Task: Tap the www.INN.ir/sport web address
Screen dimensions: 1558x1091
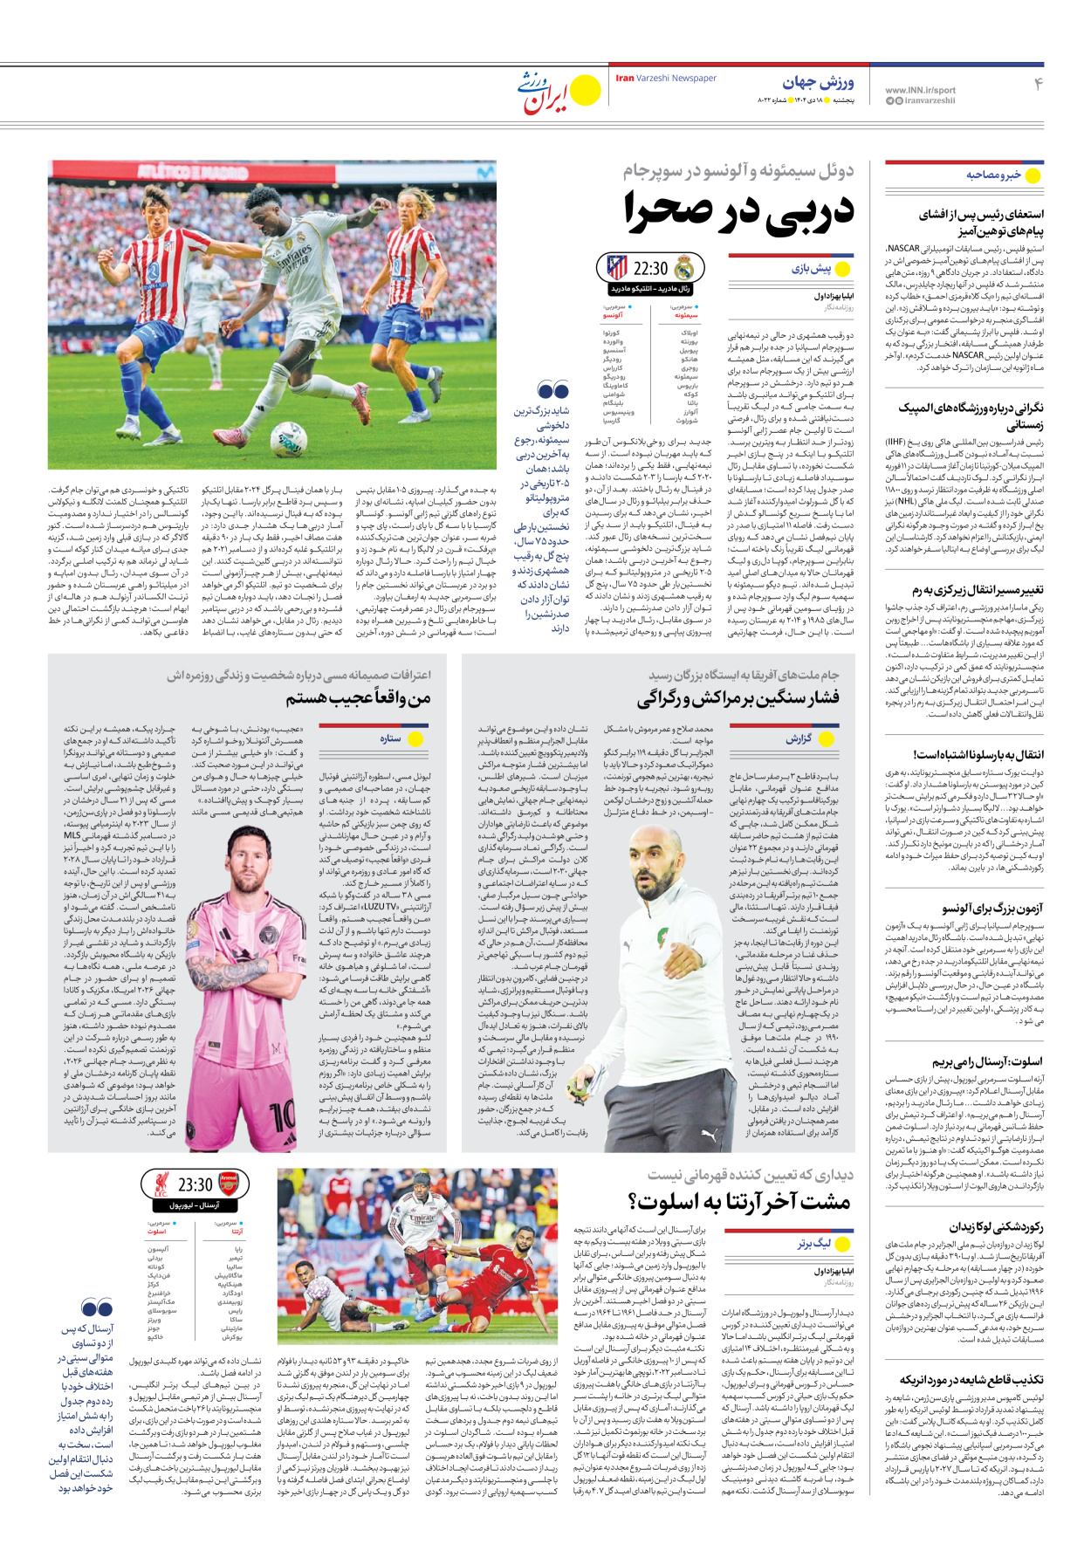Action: tap(920, 90)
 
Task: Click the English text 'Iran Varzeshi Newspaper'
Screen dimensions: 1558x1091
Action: tap(666, 79)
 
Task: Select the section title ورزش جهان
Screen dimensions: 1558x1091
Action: tap(818, 83)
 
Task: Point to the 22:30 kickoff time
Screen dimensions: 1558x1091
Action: tap(650, 269)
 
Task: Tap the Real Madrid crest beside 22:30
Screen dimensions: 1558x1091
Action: tap(683, 268)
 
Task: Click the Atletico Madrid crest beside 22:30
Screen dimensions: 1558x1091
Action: tap(616, 268)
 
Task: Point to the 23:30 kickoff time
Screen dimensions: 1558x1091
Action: tap(195, 1184)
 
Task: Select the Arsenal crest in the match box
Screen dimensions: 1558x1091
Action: tap(228, 1184)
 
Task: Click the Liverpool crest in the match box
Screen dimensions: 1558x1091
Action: tap(161, 1184)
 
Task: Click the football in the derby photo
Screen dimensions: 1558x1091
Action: tap(288, 438)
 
